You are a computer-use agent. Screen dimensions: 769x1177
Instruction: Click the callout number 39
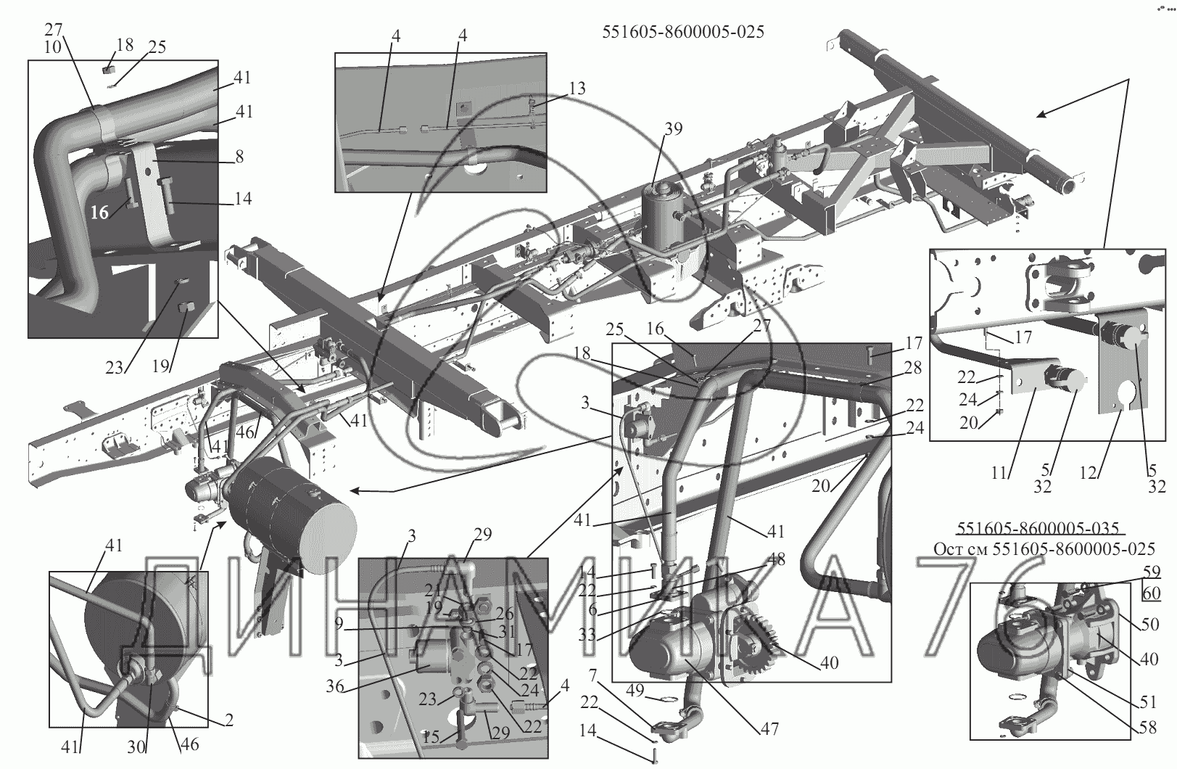point(673,128)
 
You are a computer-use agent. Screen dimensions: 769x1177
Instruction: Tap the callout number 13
point(577,89)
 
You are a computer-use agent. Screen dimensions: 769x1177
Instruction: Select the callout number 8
point(239,156)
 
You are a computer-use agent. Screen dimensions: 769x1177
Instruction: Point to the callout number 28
point(912,368)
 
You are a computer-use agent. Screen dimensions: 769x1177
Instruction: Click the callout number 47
point(769,728)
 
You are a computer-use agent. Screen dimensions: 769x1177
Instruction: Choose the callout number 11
point(1000,474)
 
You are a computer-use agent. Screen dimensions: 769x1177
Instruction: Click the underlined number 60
point(1152,593)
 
